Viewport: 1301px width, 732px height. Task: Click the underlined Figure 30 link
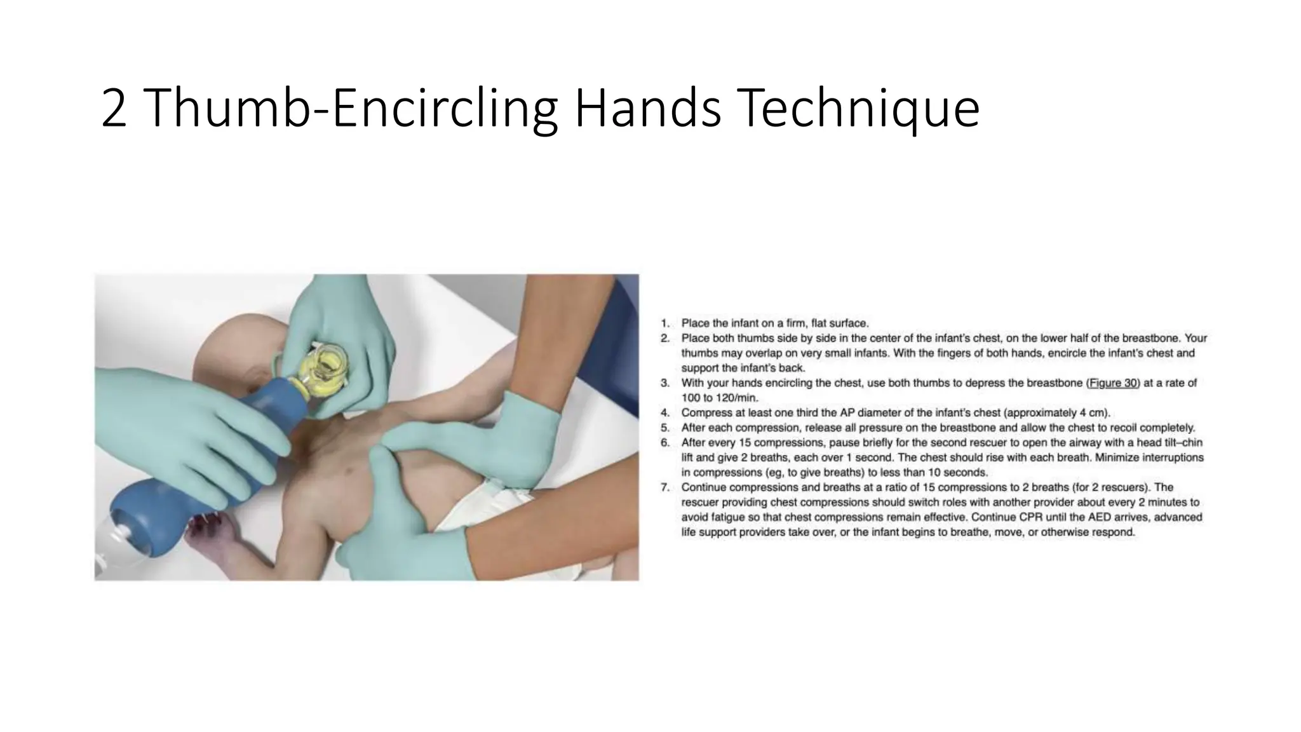[x=1113, y=383]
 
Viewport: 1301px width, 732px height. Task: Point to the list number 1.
[x=664, y=323]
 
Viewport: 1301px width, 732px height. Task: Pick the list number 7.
[x=664, y=487]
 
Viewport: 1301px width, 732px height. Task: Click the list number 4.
[x=664, y=413]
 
